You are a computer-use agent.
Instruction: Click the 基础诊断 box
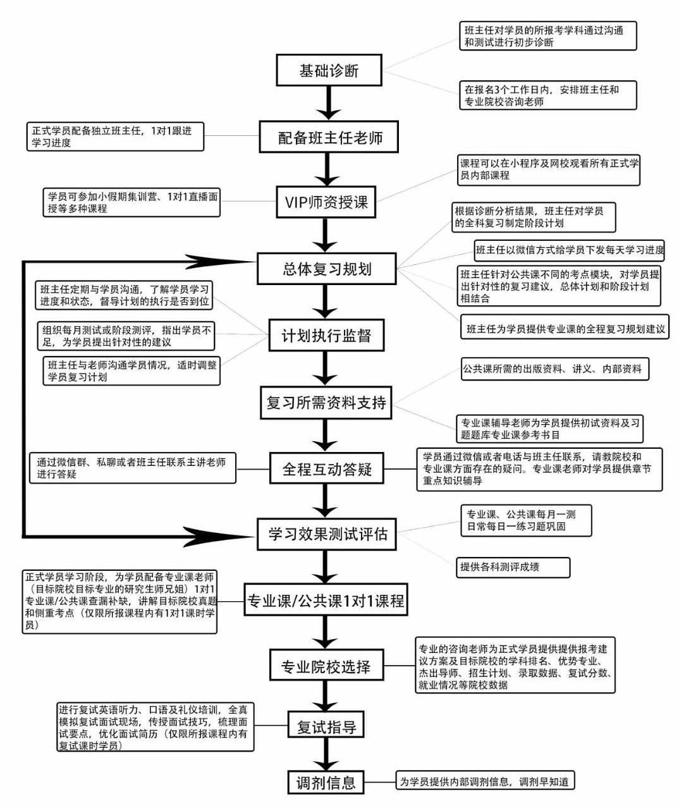(329, 70)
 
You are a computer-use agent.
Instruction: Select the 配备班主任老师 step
(329, 137)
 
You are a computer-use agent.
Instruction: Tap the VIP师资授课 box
(326, 202)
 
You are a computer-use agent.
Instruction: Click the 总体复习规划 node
(326, 269)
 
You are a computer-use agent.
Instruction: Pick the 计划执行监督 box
(326, 336)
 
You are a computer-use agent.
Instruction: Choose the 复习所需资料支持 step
(326, 403)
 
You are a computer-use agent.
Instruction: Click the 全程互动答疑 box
(326, 469)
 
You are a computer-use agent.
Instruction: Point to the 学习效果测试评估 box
(326, 534)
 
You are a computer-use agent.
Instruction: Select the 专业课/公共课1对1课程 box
(326, 601)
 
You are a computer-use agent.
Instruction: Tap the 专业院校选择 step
(326, 666)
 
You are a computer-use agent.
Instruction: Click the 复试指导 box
(326, 727)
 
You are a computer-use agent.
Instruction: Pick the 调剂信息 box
(326, 783)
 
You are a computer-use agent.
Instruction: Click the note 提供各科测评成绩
(513, 567)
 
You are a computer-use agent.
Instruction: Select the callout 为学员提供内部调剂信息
(484, 782)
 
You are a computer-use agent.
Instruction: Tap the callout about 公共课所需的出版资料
(554, 369)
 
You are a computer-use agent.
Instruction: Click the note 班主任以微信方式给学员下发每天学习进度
(570, 250)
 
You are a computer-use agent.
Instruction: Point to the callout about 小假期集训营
(132, 202)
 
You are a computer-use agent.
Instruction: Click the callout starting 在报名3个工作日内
(547, 95)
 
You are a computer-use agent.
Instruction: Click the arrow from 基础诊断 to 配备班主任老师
(329, 102)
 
